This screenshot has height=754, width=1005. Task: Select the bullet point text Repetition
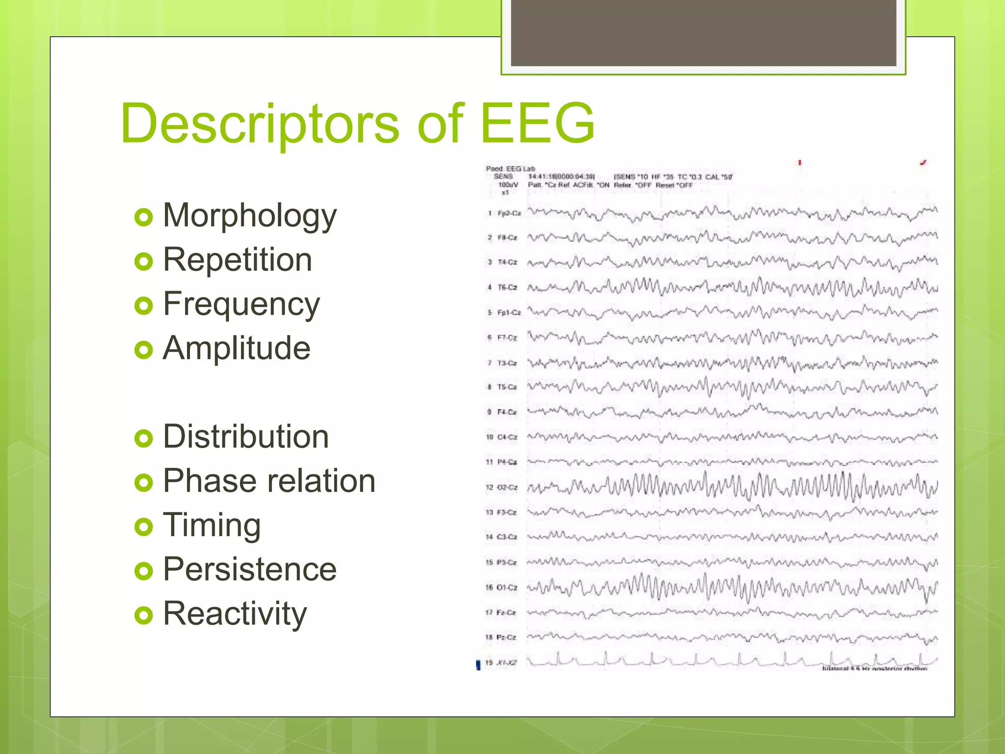(x=237, y=260)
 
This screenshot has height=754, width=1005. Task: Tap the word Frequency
(x=241, y=304)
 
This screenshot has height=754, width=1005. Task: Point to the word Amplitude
(x=237, y=349)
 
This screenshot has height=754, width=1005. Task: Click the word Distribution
(x=245, y=437)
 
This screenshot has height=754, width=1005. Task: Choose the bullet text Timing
(x=212, y=525)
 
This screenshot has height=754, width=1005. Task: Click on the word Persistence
(x=249, y=569)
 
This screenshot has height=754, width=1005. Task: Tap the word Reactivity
(x=235, y=614)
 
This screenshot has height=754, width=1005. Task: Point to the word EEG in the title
(x=537, y=124)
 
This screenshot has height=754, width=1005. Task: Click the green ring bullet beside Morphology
(x=143, y=217)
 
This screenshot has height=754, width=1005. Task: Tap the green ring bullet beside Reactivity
(x=143, y=615)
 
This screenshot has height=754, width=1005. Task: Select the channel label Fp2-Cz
(x=509, y=214)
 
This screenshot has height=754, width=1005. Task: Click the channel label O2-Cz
(x=507, y=487)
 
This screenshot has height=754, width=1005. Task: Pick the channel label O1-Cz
(x=507, y=588)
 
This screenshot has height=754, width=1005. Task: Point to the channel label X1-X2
(x=506, y=663)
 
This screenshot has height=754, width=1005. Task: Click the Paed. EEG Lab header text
(x=510, y=169)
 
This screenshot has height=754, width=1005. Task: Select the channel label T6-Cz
(x=507, y=287)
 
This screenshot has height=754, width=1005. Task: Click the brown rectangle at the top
(x=703, y=32)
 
